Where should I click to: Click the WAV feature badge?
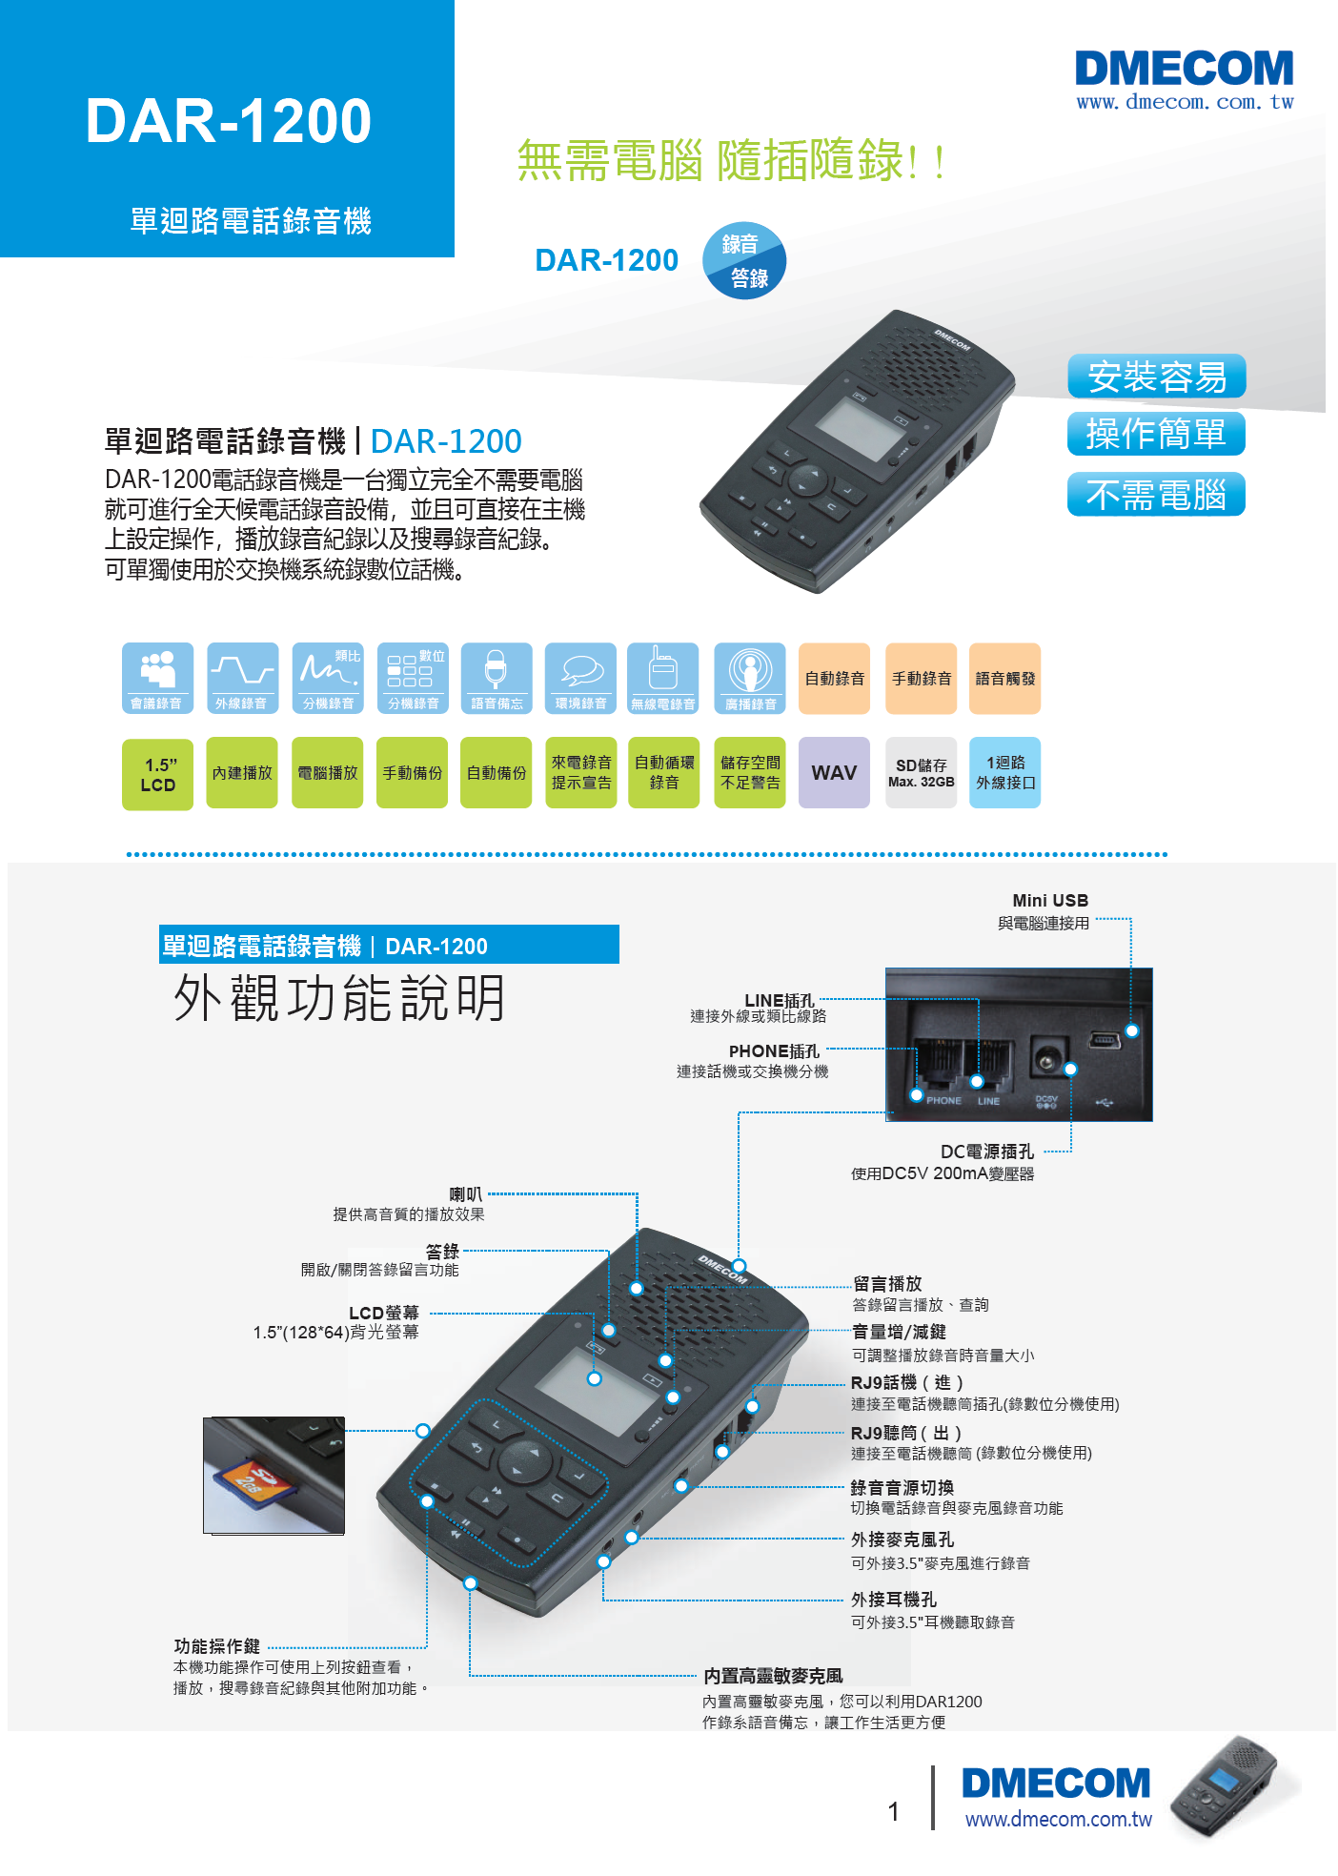[834, 772]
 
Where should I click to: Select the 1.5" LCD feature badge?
[157, 774]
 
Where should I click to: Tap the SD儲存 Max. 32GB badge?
[921, 772]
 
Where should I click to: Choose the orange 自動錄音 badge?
[834, 679]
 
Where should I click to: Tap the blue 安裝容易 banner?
[1156, 377]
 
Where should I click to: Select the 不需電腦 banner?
[1156, 495]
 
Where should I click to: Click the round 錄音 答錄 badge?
[744, 260]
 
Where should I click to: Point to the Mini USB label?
[1050, 901]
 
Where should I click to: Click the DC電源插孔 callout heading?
[986, 1152]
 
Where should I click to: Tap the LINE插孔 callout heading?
[780, 1000]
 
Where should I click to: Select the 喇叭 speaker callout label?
[466, 1194]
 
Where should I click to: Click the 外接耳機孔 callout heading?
[894, 1600]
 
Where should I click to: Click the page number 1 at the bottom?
[894, 1811]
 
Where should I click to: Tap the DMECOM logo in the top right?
[1185, 70]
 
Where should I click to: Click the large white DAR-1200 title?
[229, 121]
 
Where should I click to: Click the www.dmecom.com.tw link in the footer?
[1059, 1819]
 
